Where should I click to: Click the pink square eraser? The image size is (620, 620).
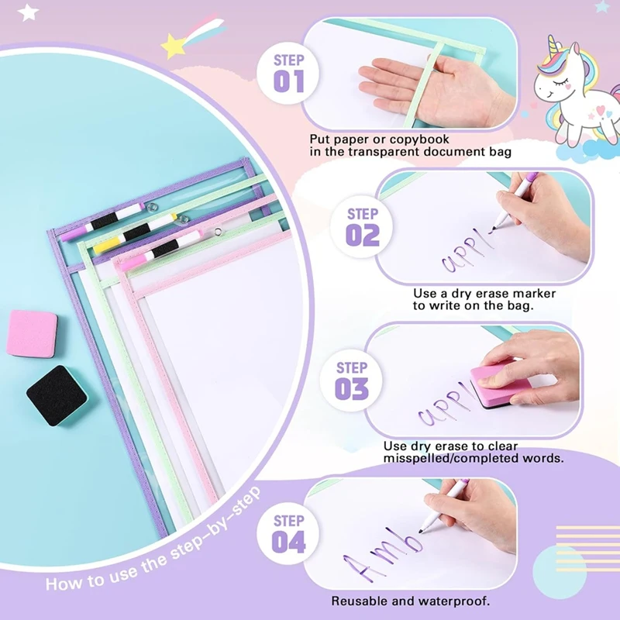33,333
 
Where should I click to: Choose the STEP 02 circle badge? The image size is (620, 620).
362,227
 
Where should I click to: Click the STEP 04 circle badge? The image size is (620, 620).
288,533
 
